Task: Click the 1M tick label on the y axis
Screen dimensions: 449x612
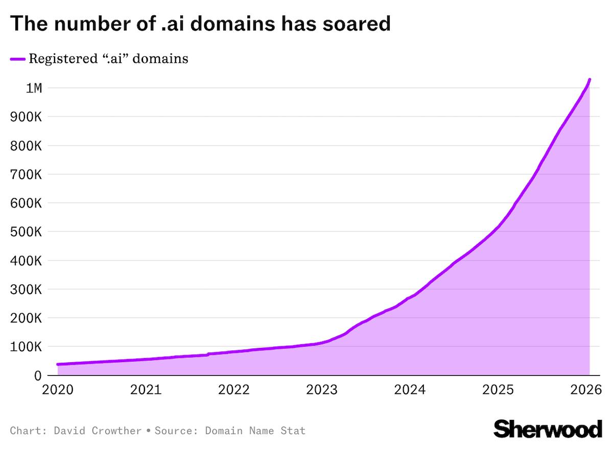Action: coord(34,88)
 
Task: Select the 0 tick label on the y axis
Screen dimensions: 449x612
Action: coord(37,375)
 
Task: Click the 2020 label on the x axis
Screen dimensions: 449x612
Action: coord(58,390)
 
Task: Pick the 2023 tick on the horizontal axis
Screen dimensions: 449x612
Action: coord(321,390)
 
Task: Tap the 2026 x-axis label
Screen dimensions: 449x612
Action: coord(585,390)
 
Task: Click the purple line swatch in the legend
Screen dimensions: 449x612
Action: coord(17,59)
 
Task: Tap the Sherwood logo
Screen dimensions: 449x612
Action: coord(548,429)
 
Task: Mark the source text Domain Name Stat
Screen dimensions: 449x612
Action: coord(255,431)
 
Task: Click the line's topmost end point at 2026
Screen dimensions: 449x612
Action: coord(590,80)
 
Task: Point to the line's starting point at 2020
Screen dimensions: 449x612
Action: coord(58,364)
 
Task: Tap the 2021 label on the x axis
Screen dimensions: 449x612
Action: coord(146,390)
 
